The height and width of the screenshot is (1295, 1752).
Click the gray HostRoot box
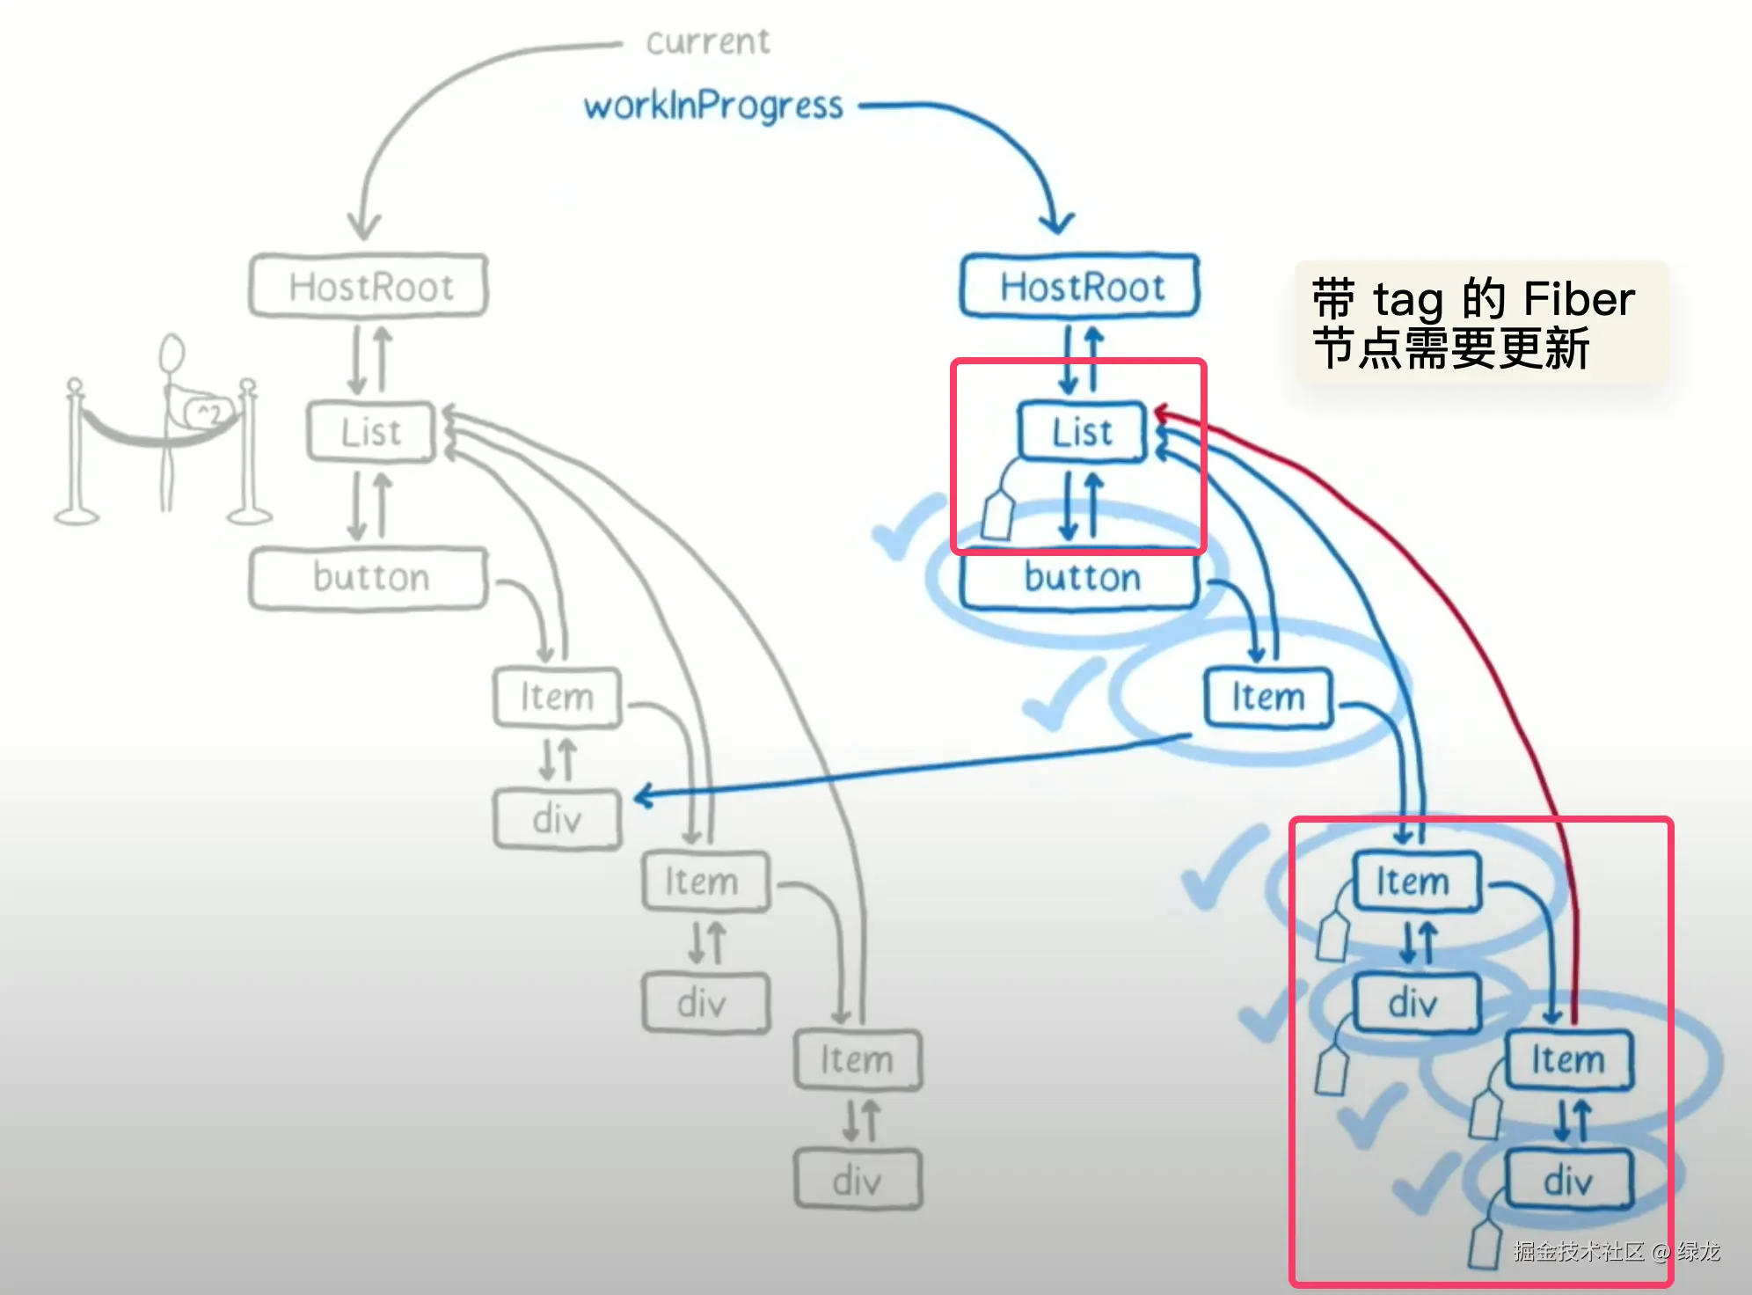(369, 286)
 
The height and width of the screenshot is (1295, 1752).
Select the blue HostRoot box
(1080, 286)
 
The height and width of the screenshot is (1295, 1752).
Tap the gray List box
(371, 432)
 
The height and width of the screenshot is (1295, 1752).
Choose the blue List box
(1082, 432)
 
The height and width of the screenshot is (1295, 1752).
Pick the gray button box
(369, 578)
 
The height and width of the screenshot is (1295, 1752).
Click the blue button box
(1081, 578)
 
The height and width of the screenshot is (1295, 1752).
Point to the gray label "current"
(707, 42)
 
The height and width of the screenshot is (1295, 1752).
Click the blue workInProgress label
(713, 106)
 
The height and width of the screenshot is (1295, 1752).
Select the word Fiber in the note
(1579, 299)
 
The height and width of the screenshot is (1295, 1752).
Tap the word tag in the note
(1408, 300)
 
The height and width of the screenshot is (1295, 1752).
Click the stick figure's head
(172, 354)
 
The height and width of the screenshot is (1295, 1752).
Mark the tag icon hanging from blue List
(998, 515)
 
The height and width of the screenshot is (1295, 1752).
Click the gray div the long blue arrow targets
(558, 819)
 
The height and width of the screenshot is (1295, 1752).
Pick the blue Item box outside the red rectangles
(1267, 697)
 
